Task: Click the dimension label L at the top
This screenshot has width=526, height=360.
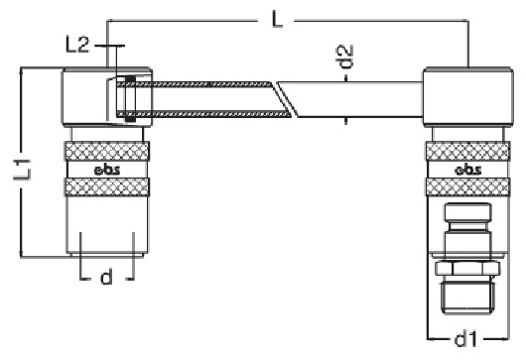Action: click(277, 21)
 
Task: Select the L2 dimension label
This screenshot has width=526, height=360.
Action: click(77, 45)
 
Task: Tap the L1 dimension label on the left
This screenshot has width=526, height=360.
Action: click(23, 170)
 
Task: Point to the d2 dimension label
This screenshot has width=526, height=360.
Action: click(344, 57)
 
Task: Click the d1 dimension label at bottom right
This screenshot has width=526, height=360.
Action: click(465, 339)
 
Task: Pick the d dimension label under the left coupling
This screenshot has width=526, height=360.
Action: click(106, 277)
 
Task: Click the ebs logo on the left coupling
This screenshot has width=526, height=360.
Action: click(107, 170)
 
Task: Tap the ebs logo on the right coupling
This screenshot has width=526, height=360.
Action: click(468, 170)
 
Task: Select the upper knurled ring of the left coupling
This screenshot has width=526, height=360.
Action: click(106, 151)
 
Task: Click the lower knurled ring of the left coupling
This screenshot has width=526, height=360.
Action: click(106, 187)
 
